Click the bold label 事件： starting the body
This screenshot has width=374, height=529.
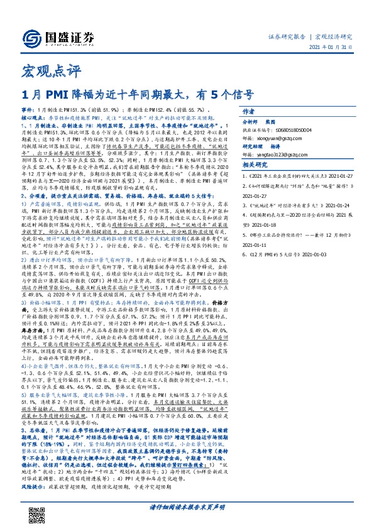[28, 109]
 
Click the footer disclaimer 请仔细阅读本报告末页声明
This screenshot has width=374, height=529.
[187, 506]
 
